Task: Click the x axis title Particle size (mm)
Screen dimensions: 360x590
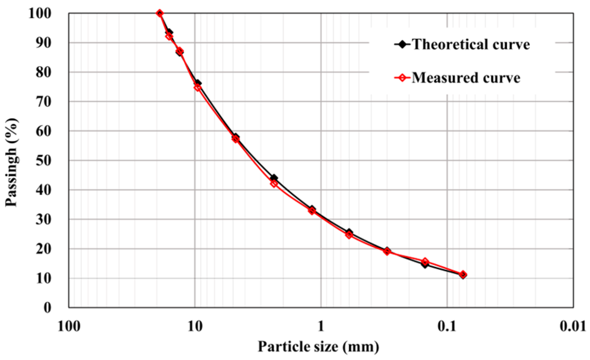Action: (318, 347)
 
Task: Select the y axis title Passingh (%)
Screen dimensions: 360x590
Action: (11, 162)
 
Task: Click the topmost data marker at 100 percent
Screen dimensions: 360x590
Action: (160, 14)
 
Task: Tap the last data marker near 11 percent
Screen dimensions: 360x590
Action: (463, 275)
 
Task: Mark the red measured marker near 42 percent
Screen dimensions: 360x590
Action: (274, 184)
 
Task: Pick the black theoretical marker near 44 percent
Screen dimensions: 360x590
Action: (274, 178)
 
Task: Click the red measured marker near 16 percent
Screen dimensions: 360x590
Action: (425, 262)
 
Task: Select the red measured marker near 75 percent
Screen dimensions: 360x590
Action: (198, 87)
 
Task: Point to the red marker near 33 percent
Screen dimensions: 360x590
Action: (312, 211)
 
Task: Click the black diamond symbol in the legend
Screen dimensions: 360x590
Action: (402, 45)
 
